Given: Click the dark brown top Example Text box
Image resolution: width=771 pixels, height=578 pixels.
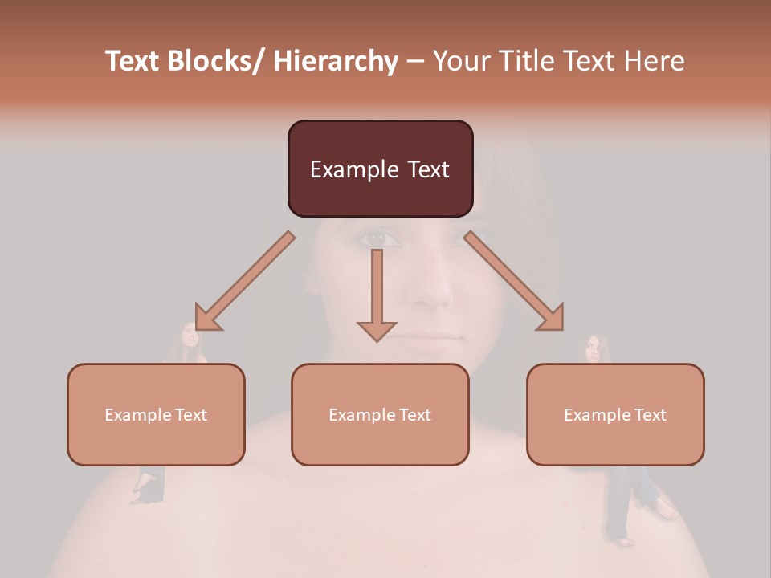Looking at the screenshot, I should click(x=380, y=169).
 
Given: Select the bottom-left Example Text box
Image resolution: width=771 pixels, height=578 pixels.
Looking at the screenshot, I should click(x=156, y=414).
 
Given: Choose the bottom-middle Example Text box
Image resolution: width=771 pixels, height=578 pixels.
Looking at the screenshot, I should click(x=380, y=414).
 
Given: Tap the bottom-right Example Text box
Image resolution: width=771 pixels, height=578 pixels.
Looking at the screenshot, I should click(x=615, y=414).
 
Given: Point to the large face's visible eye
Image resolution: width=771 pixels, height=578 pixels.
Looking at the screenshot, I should click(x=378, y=238).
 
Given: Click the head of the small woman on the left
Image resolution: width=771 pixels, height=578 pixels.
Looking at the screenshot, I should click(x=190, y=335).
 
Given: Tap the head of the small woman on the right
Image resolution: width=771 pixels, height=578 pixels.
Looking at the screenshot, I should click(x=593, y=347).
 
